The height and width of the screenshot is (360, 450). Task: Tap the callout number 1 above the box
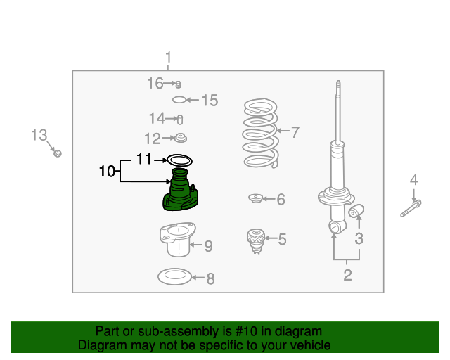point(168,57)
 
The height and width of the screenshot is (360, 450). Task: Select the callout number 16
point(155,84)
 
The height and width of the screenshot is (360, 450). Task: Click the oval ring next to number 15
point(180,100)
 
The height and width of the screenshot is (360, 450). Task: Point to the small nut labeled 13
point(58,152)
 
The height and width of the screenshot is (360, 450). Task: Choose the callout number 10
point(107,171)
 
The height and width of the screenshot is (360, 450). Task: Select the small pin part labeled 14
point(179,118)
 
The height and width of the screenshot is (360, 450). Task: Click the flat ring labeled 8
point(174,277)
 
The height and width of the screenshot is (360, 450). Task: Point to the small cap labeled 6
point(255,199)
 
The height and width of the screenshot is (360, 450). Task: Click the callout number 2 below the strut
point(347,274)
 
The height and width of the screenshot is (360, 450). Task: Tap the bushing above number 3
point(358,210)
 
